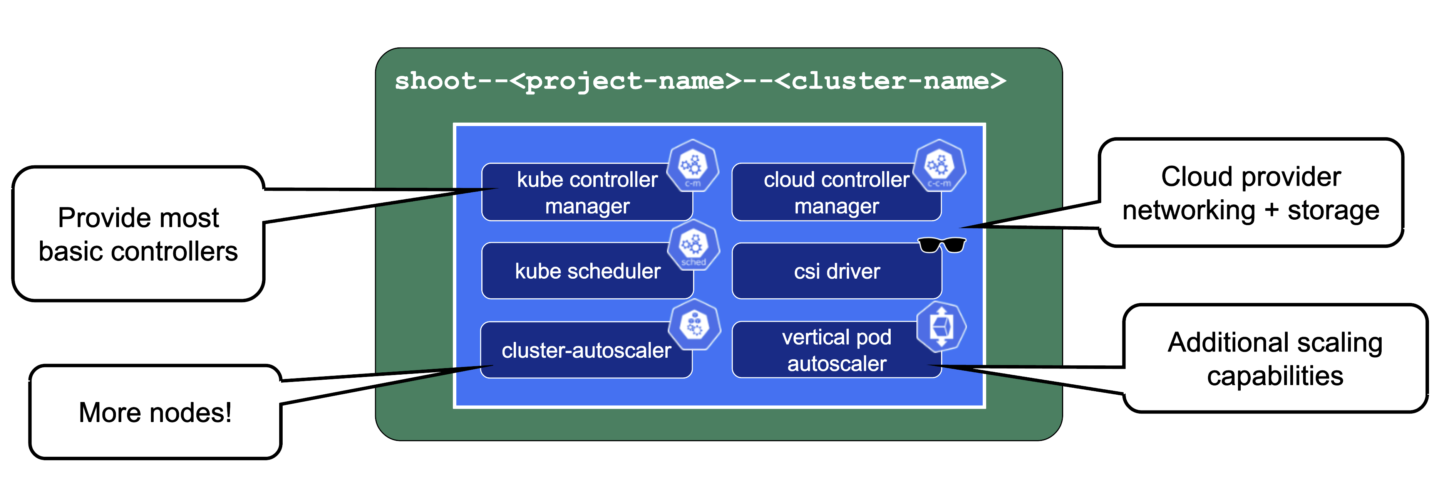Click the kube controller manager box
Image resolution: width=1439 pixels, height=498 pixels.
[x=586, y=193]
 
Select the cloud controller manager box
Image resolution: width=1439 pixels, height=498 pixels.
[x=836, y=193]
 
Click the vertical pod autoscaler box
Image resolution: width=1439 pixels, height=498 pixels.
[x=836, y=350]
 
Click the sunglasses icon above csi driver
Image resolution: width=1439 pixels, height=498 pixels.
[x=942, y=245]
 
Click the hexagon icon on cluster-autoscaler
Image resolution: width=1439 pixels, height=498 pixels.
[x=694, y=325]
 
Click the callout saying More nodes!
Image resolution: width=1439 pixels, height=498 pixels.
[x=155, y=412]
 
